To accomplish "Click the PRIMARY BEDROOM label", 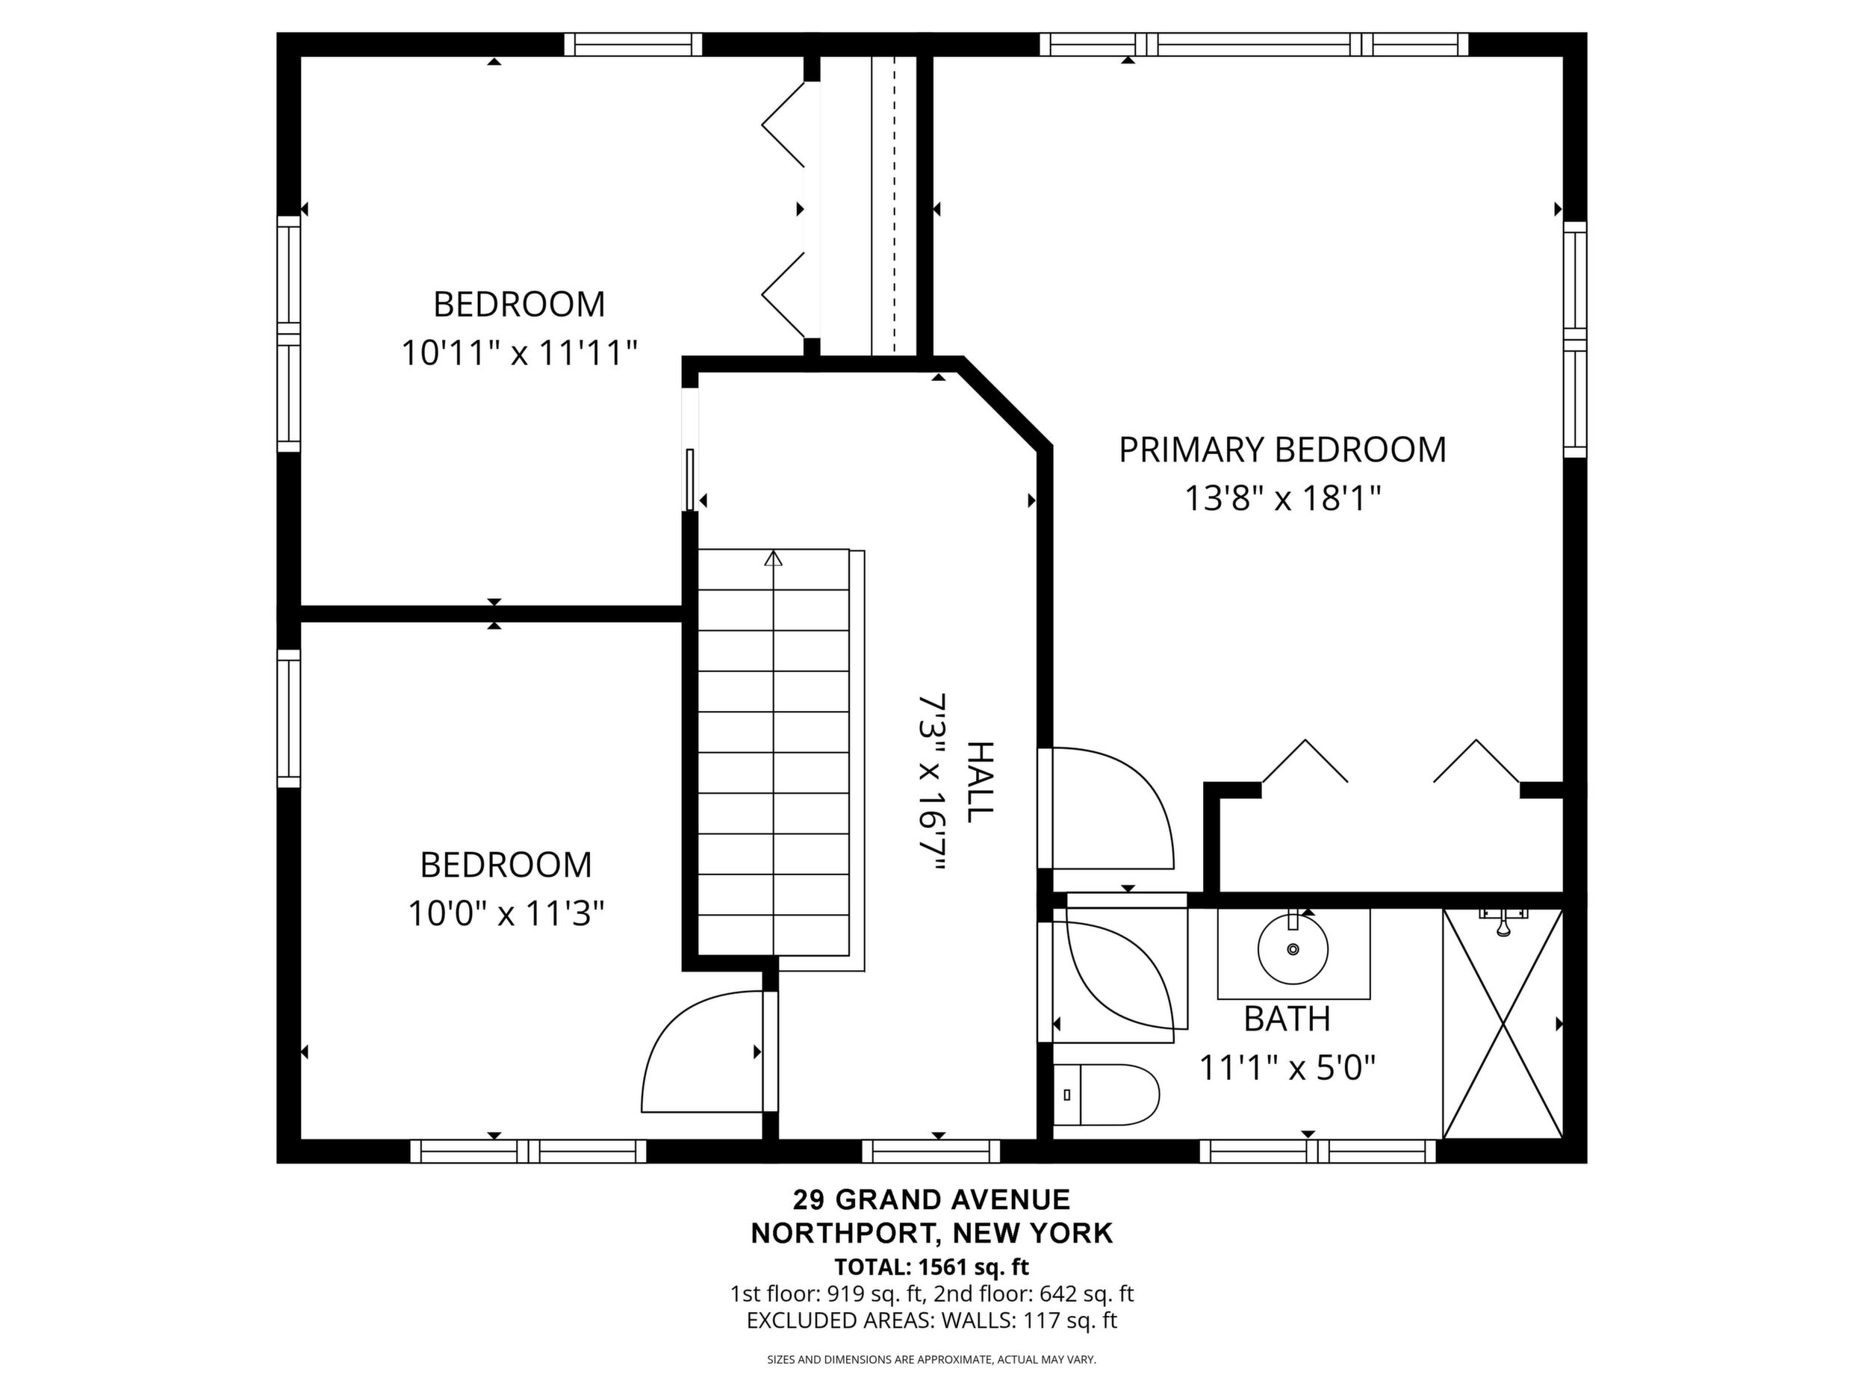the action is (1281, 450).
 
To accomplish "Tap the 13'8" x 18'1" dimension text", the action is (1282, 498).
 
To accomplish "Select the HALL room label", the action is (980, 782).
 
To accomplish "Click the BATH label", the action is (1287, 1019).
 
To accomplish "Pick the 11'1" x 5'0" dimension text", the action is (1287, 1069).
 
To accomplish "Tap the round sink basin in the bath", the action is (1293, 949).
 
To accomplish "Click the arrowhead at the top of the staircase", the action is (774, 558).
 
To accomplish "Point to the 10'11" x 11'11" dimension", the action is (518, 352).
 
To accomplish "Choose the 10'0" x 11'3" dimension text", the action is (506, 913).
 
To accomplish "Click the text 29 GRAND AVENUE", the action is (931, 1199).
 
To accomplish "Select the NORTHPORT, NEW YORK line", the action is (932, 1234).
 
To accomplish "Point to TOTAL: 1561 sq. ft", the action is (932, 1267).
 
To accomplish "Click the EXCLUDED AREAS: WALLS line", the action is (932, 1320).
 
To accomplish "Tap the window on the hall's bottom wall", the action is (931, 1151).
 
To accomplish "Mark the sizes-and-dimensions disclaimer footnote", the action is (931, 1359).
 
